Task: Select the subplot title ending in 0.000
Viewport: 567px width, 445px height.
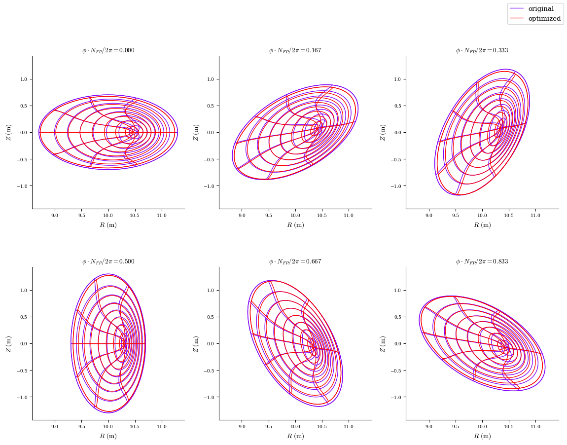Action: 108,50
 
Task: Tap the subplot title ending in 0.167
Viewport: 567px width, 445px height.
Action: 295,50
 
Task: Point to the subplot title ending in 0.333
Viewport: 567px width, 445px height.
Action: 482,50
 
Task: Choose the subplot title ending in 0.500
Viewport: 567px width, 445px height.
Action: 108,261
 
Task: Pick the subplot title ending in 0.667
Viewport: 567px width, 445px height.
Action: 295,261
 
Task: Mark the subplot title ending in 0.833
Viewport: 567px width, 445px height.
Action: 482,261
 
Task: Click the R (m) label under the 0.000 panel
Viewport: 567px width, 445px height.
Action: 108,225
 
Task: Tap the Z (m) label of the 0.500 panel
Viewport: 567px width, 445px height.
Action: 8,343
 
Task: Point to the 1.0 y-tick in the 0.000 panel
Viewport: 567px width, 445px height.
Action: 23,79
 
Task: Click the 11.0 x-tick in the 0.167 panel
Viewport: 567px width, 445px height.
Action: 349,216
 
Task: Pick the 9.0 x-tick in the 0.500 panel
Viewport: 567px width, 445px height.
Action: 55,427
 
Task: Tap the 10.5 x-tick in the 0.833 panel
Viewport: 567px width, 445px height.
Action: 509,427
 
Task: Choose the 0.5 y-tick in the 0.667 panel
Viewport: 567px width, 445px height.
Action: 211,317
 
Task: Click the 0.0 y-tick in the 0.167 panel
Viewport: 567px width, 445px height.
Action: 211,132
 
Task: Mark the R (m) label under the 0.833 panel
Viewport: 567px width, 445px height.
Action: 482,436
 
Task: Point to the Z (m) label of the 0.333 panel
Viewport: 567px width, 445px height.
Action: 383,132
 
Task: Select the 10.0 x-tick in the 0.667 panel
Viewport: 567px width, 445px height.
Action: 295,427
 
